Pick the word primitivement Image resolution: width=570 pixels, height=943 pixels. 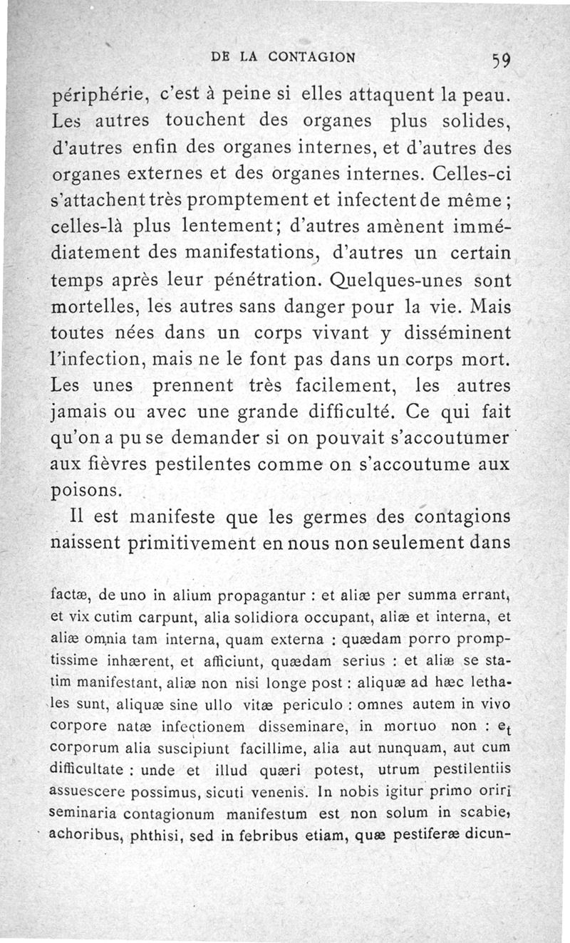209,542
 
